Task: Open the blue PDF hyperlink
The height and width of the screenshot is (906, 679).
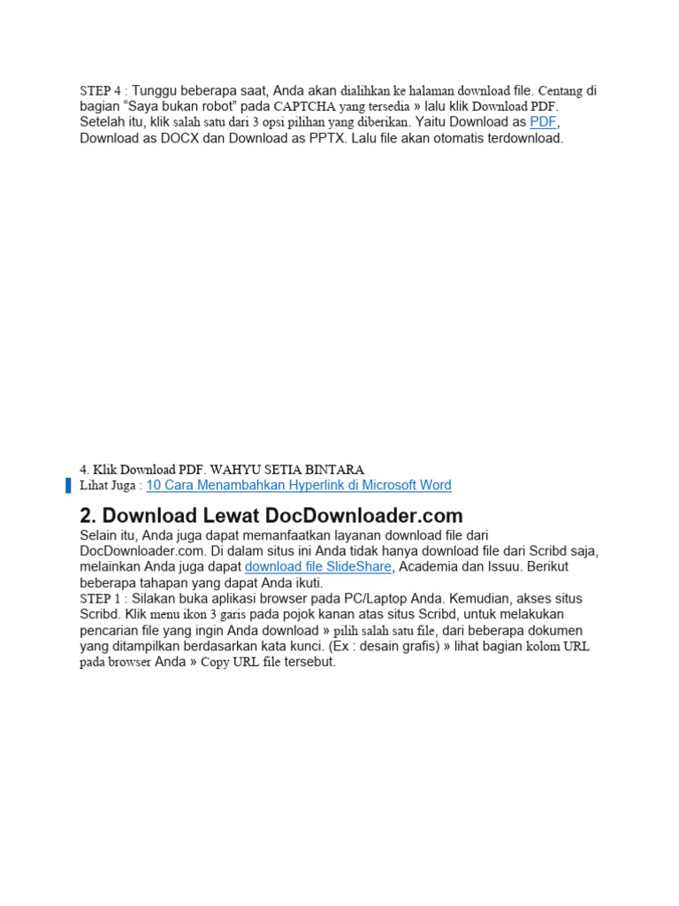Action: pos(543,122)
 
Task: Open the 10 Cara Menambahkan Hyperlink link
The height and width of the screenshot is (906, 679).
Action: pos(299,485)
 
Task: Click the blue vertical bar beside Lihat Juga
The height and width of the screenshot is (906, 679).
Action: pos(68,485)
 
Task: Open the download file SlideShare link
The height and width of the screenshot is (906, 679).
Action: pos(317,567)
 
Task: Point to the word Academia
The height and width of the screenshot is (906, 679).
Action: pos(429,567)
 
